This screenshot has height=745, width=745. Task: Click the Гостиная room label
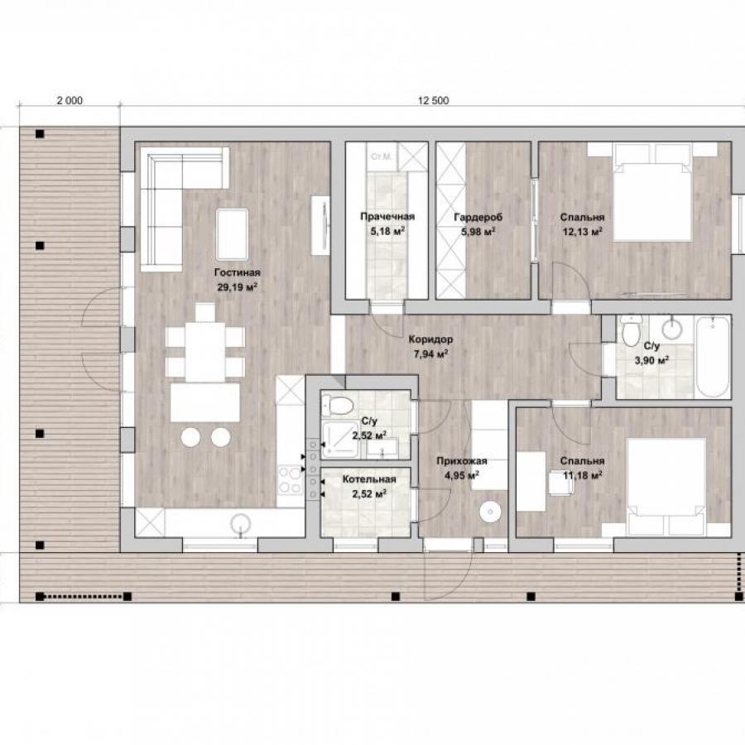(237, 272)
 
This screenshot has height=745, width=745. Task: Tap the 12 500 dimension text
(433, 100)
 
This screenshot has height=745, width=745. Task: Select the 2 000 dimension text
(70, 100)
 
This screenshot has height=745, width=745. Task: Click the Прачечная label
(387, 217)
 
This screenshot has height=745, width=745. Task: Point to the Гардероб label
(478, 217)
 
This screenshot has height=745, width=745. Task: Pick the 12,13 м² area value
(582, 231)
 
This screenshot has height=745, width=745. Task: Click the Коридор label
(430, 339)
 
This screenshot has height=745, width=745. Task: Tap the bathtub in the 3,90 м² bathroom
(712, 358)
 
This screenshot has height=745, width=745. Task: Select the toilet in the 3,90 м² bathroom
(632, 330)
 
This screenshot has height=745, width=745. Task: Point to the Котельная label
(369, 479)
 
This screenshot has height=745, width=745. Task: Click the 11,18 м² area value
(583, 474)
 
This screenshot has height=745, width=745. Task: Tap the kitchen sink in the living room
(241, 525)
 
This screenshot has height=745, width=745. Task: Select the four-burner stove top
(291, 480)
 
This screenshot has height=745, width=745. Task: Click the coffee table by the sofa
(232, 235)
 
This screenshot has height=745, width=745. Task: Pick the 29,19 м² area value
(237, 287)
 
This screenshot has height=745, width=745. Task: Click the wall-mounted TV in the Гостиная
(321, 226)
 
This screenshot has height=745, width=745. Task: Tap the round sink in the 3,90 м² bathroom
(672, 329)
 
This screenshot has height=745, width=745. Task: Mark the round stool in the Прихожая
(490, 512)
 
